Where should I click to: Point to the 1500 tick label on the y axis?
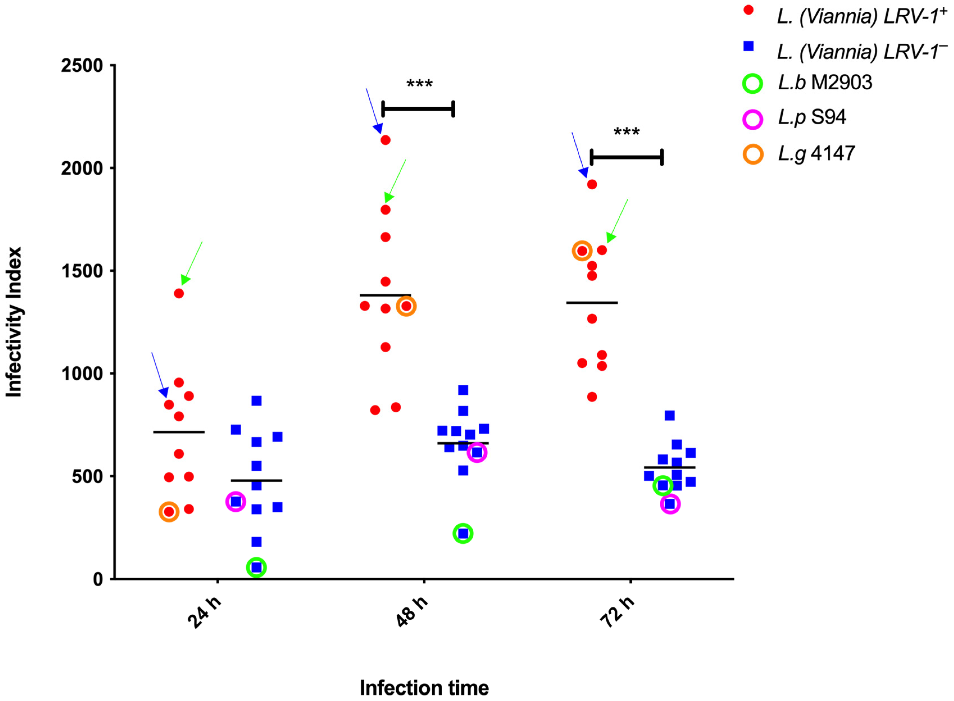coord(82,271)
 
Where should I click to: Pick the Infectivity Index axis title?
coord(14,323)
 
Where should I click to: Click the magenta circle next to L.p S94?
coord(753,119)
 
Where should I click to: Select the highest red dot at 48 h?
coord(385,140)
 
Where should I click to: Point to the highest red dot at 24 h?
coord(179,294)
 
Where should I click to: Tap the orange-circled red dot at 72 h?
coord(582,251)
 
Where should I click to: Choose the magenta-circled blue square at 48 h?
coord(477,453)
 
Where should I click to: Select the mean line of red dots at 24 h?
coord(179,432)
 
